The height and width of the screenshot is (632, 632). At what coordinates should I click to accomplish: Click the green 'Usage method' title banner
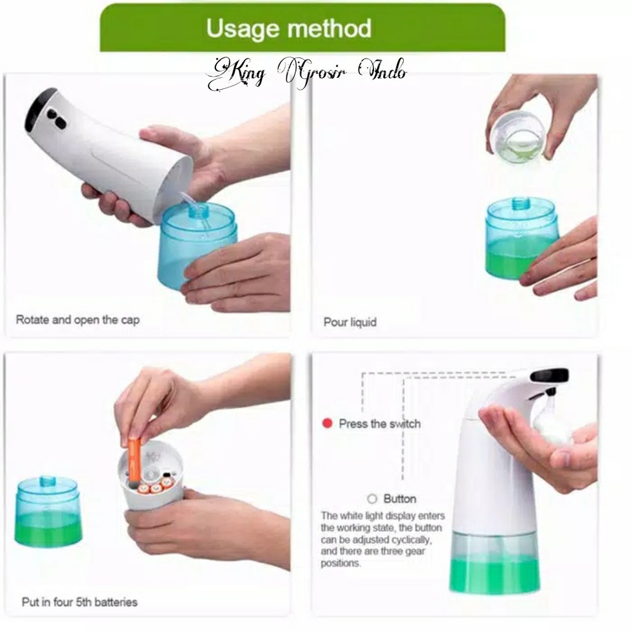(302, 28)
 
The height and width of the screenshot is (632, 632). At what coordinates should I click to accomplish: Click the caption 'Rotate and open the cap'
(78, 320)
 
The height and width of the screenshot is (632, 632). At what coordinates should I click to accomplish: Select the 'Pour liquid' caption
(350, 322)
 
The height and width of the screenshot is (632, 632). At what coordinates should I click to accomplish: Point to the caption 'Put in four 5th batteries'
(80, 602)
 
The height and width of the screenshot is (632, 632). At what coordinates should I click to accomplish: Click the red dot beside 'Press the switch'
(327, 423)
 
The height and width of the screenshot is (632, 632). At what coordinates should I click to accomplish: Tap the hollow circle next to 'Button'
(372, 499)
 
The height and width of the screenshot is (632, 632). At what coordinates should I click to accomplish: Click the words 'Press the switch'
(380, 424)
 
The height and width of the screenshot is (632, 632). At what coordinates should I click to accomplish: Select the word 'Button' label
(400, 499)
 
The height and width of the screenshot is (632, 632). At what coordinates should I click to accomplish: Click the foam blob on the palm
(551, 421)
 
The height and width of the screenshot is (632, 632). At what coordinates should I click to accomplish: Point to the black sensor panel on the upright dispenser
(549, 375)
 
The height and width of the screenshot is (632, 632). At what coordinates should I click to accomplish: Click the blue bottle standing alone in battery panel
(48, 511)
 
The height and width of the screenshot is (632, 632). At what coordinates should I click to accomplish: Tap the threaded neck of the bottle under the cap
(522, 203)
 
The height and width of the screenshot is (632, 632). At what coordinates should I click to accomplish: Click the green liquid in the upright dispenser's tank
(494, 575)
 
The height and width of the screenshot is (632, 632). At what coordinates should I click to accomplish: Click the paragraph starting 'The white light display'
(383, 539)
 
